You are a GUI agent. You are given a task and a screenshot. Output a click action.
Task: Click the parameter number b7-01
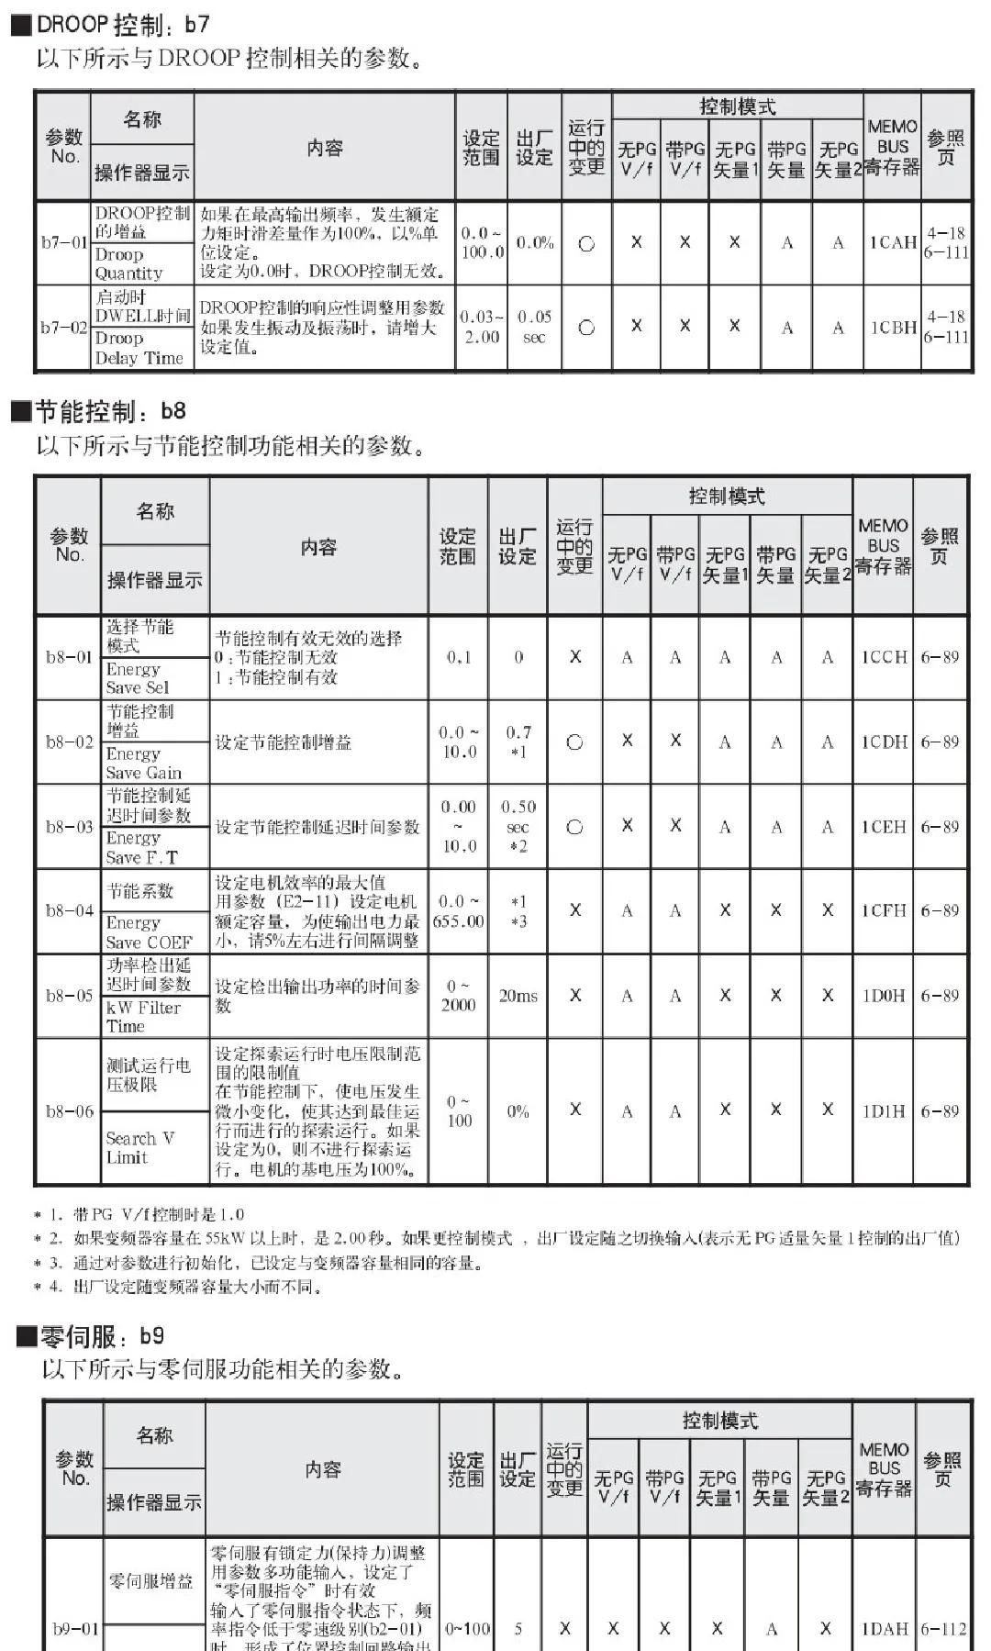pos(63,243)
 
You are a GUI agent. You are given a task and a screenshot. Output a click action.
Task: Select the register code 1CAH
pos(893,242)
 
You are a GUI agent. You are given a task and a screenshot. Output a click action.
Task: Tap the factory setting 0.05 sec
pos(534,327)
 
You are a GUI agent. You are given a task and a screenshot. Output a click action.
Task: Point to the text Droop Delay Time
pos(139,348)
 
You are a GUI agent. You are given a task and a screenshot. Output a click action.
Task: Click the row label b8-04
pos(70,910)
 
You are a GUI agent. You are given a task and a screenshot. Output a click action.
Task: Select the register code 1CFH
pos(884,910)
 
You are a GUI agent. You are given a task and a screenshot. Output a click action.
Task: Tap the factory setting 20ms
pos(518,996)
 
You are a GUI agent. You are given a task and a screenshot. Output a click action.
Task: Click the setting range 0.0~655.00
pos(458,911)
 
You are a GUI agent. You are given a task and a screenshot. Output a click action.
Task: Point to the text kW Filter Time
pos(143,1017)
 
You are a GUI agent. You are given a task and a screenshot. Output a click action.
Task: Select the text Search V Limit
pos(139,1148)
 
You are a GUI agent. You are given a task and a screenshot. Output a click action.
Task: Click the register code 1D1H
pos(884,1111)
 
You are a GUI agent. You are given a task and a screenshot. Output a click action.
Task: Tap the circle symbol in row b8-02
pos(575,742)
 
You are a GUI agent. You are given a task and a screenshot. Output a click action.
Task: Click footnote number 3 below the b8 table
pos(55,1263)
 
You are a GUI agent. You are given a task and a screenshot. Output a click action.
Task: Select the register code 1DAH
pos(884,1629)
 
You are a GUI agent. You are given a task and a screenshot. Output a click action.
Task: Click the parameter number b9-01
pos(75,1629)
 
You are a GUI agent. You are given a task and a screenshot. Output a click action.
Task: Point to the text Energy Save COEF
pos(149,932)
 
